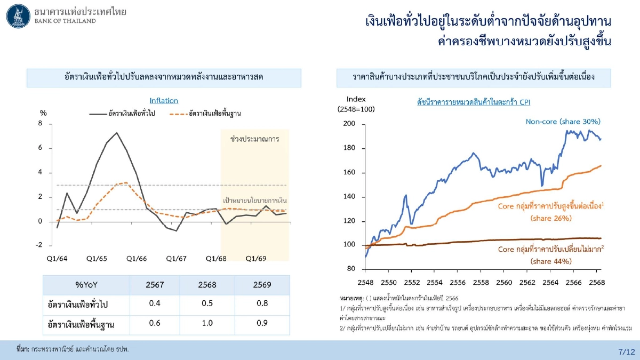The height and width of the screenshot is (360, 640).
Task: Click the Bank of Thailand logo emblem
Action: (x=18, y=15)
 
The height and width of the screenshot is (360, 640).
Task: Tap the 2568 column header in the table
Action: (x=207, y=285)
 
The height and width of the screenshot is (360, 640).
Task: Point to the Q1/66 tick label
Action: (x=137, y=258)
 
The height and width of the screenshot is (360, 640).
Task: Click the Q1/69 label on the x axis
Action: (x=255, y=258)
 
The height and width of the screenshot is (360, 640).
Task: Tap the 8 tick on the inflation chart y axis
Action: (x=41, y=124)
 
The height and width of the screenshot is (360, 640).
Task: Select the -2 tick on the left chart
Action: (x=39, y=245)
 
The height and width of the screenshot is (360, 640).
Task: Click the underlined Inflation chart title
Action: (x=164, y=100)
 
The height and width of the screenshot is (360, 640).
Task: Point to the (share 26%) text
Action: (x=551, y=218)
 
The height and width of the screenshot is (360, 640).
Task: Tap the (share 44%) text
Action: (x=551, y=261)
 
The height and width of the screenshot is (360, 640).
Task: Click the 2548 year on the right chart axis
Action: (x=366, y=282)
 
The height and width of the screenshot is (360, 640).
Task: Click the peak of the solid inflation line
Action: (x=116, y=132)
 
